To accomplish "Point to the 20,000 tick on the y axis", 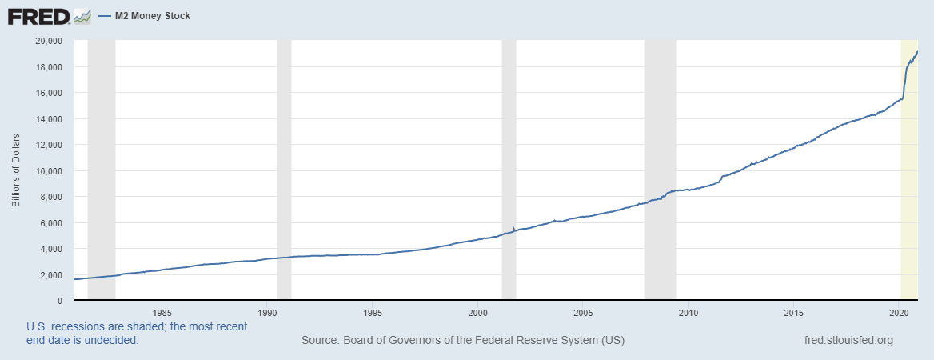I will [50, 41].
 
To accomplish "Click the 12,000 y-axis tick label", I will [50, 145].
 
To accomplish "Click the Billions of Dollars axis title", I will [16, 171].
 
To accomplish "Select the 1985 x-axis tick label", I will [162, 313].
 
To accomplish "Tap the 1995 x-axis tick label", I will [372, 313].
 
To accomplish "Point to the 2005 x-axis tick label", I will [583, 313].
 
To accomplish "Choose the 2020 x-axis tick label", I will [900, 313].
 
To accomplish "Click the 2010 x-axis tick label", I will [689, 313].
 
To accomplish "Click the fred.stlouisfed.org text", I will [848, 341].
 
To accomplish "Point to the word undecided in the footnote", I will [113, 340].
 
